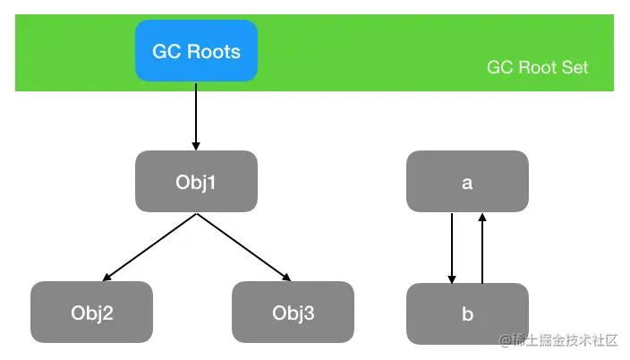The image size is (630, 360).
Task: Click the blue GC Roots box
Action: click(x=196, y=51)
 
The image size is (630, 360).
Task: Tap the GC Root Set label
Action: click(x=537, y=67)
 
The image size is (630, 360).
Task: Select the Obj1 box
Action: click(x=196, y=182)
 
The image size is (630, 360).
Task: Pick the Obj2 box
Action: click(x=91, y=313)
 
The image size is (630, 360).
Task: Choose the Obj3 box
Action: click(x=293, y=313)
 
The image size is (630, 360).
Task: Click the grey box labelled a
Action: click(x=467, y=182)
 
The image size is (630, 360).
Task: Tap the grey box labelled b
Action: click(x=467, y=313)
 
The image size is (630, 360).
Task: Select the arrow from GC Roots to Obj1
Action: click(x=196, y=116)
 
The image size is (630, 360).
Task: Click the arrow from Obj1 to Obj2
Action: click(x=149, y=247)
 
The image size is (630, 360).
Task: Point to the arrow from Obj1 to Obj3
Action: click(x=244, y=247)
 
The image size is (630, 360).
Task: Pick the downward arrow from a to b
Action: click(x=452, y=248)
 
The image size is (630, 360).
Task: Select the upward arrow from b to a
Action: click(x=482, y=248)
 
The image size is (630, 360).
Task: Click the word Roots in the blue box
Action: click(x=213, y=51)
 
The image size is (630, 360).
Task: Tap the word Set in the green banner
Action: click(x=575, y=67)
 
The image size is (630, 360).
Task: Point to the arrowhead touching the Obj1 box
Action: click(x=196, y=146)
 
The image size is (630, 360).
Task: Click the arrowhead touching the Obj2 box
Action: click(x=106, y=277)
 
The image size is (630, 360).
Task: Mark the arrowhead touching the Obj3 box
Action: click(x=287, y=277)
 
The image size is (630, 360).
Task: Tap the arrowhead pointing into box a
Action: click(x=482, y=218)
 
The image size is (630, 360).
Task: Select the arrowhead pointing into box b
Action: click(x=452, y=279)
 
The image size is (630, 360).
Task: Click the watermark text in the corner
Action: click(x=558, y=340)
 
